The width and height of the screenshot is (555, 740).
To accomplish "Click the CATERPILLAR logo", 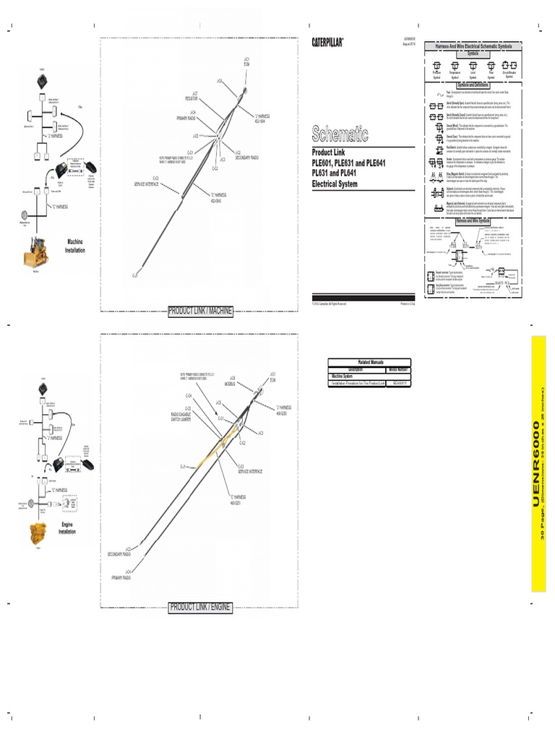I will [328, 42].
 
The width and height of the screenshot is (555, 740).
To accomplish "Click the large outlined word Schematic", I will [340, 134].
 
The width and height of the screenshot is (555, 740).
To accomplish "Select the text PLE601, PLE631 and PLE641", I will [349, 163].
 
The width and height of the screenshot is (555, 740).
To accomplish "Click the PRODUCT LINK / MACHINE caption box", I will [200, 311].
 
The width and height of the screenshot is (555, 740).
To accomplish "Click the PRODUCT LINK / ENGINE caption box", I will [199, 607].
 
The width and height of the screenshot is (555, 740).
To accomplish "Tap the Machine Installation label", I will [75, 246].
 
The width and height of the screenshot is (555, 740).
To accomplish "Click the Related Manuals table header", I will [371, 361].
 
